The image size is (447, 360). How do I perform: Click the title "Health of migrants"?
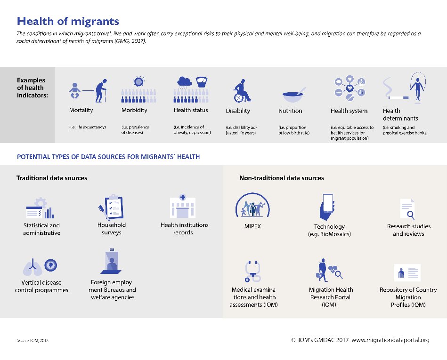click(x=68, y=22)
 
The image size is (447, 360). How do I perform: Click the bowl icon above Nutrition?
click(x=293, y=96)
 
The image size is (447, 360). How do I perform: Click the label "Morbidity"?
click(x=134, y=110)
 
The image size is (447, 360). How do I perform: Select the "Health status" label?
click(x=191, y=110)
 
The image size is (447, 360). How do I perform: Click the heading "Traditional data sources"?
click(x=52, y=178)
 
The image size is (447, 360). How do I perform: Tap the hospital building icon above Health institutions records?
click(x=183, y=207)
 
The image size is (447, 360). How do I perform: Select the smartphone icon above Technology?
click(x=328, y=207)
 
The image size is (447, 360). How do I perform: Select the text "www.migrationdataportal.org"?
click(x=390, y=340)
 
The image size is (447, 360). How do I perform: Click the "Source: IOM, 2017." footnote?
click(x=33, y=340)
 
